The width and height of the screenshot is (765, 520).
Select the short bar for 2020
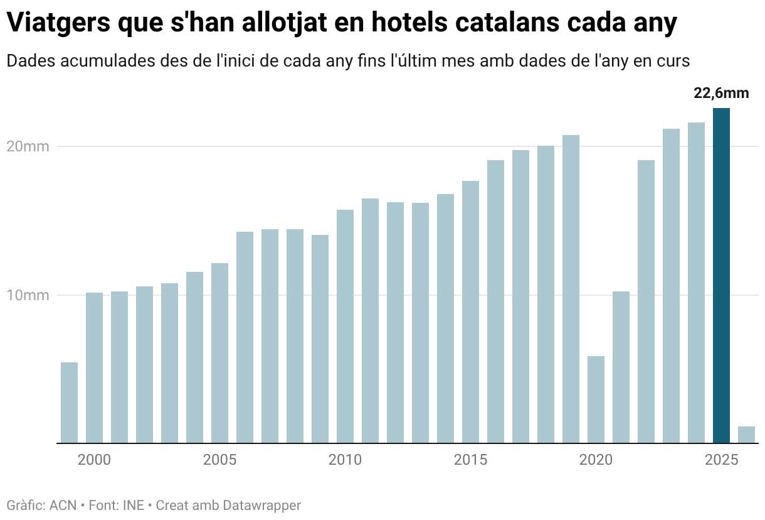point(596,399)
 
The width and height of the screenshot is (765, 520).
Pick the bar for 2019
point(571,289)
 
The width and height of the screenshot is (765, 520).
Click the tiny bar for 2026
point(746,435)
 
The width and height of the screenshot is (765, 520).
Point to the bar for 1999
point(69,403)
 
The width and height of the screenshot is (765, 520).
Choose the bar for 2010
point(345,327)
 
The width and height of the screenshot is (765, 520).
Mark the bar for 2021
point(621,367)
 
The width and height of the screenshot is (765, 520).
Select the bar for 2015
point(470,311)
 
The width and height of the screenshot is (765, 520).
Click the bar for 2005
point(219,353)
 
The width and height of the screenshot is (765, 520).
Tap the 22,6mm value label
point(721,94)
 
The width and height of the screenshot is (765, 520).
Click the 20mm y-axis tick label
point(28,147)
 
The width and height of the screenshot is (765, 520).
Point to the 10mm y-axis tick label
point(28,295)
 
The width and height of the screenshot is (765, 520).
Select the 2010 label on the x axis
point(345,460)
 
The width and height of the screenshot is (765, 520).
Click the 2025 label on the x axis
point(721,460)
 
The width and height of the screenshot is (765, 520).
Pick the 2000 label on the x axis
point(94,460)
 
